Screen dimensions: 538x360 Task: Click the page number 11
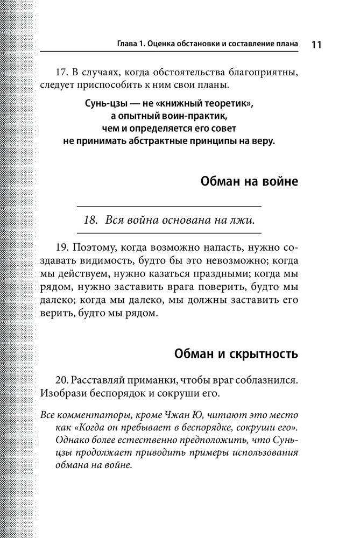[x=316, y=45]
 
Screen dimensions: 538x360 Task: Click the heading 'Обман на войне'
[x=249, y=181]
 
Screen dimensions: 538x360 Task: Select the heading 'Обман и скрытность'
[x=236, y=355]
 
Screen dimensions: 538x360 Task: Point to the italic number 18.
[x=91, y=221]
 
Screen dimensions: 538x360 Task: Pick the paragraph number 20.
[x=62, y=380]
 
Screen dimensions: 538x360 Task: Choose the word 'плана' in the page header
[x=285, y=44]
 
